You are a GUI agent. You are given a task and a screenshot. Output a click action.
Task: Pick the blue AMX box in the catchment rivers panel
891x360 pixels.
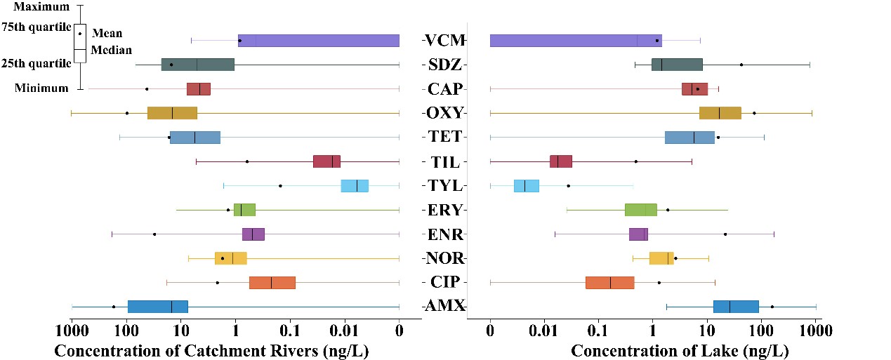click(158, 307)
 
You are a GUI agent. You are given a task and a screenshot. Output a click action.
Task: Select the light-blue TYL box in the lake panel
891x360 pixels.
click(527, 186)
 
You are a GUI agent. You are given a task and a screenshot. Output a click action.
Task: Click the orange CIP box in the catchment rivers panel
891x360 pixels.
click(272, 283)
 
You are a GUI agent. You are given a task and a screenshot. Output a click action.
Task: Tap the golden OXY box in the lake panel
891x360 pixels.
click(720, 113)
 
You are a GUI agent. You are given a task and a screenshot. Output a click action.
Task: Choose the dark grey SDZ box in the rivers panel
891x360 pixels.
click(197, 65)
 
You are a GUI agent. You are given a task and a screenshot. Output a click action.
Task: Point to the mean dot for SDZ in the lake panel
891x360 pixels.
click(741, 65)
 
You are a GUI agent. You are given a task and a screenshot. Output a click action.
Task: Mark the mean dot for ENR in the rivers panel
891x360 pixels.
click(154, 234)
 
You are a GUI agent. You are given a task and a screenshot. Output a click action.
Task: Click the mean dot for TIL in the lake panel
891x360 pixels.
click(636, 161)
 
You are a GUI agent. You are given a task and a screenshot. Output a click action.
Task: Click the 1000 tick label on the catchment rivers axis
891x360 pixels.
click(71, 330)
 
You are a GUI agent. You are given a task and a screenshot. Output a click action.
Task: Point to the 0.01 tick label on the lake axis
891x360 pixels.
click(544, 330)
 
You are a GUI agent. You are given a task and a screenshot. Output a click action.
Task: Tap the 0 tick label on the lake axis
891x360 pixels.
click(490, 330)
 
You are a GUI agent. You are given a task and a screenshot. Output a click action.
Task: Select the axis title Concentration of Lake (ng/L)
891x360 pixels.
click(680, 349)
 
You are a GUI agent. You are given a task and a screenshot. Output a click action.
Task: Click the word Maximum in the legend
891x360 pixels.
click(42, 7)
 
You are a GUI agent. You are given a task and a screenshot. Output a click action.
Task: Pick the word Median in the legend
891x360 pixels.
click(112, 51)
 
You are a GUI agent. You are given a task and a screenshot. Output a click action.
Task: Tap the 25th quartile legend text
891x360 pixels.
click(36, 63)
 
